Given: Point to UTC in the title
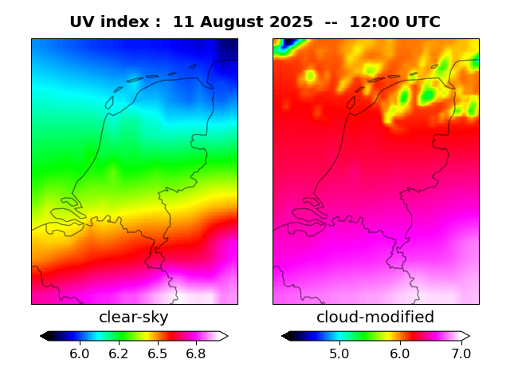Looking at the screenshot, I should click(423, 22).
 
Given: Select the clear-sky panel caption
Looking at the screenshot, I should click(134, 318).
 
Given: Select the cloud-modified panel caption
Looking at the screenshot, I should click(375, 318).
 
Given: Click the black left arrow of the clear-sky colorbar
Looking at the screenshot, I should click(45, 336).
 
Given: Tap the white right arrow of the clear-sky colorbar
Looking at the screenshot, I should click(224, 336).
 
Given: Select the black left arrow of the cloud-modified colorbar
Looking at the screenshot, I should click(286, 336).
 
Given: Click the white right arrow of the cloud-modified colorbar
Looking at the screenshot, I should click(465, 336).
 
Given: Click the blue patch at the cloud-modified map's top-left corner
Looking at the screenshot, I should click(284, 45).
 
